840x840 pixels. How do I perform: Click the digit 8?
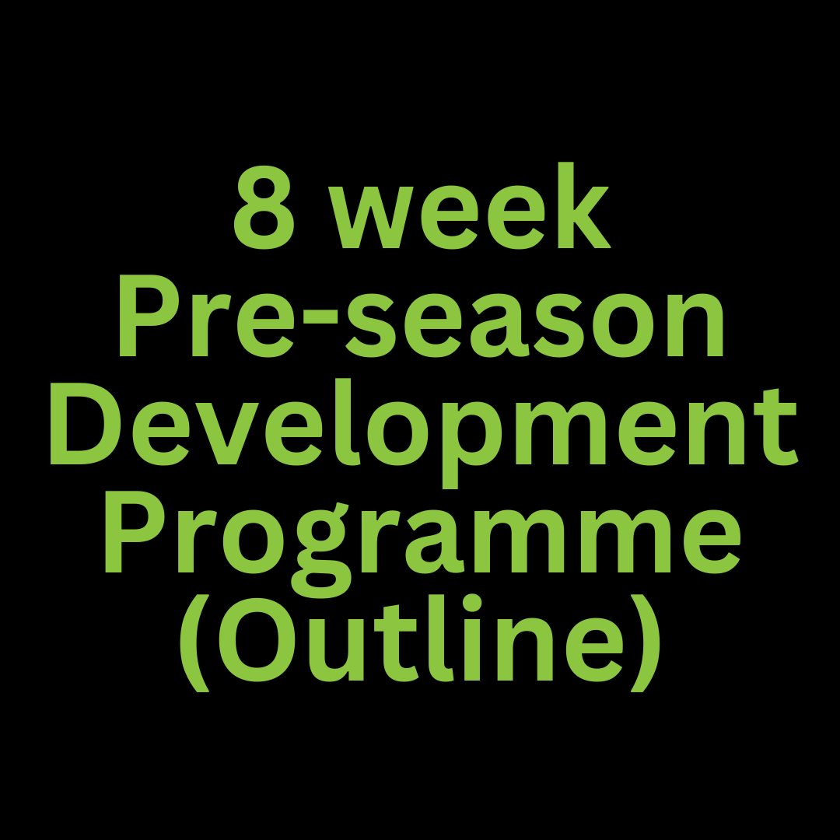264,209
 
